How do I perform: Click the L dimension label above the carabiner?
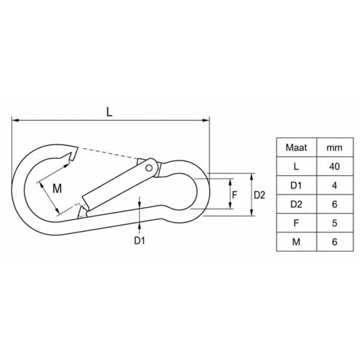click(x=110, y=112)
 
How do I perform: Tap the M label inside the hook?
click(x=57, y=189)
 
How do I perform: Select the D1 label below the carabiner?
click(x=140, y=241)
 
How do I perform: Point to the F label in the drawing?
click(x=234, y=195)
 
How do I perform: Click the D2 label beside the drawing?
click(x=260, y=195)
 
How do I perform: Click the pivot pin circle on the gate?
click(x=149, y=168)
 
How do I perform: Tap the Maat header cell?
click(x=296, y=147)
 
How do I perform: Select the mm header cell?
click(x=335, y=147)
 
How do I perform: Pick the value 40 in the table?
click(x=335, y=166)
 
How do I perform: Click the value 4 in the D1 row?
click(x=335, y=185)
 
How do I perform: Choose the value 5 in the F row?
click(x=335, y=223)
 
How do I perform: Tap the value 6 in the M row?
click(x=335, y=242)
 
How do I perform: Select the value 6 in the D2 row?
click(x=335, y=204)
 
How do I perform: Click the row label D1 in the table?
click(x=296, y=185)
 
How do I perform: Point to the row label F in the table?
click(x=296, y=223)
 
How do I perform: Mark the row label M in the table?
click(x=296, y=242)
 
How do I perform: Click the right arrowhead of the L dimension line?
click(x=206, y=120)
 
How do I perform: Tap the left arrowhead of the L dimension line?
click(x=15, y=120)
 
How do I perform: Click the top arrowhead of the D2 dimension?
click(x=252, y=177)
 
